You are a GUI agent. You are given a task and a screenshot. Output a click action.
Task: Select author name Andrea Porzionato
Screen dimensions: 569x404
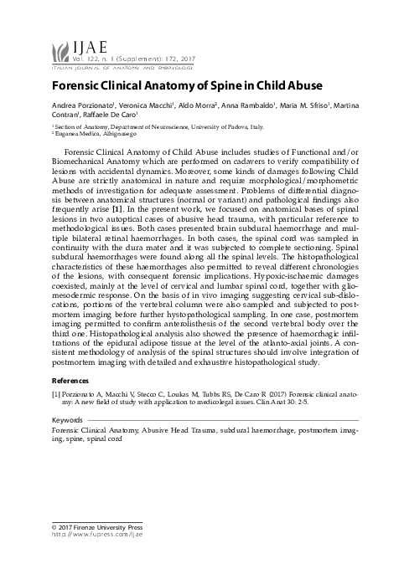[77, 105]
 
